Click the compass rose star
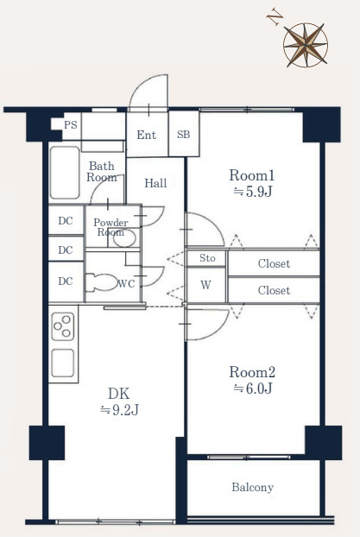click(306, 45)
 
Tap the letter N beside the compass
click(275, 18)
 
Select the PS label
click(71, 125)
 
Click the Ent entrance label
click(146, 135)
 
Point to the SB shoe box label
click(184, 135)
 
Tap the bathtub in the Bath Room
click(65, 173)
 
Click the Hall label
click(155, 183)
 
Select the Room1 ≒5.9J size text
click(252, 183)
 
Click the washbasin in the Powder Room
click(124, 237)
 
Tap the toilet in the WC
click(101, 282)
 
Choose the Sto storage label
click(207, 258)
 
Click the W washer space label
click(205, 285)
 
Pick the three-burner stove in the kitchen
click(63, 326)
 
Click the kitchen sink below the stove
click(63, 363)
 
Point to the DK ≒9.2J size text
click(119, 401)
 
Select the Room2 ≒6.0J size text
click(252, 380)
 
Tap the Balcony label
click(252, 487)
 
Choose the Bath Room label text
click(102, 172)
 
